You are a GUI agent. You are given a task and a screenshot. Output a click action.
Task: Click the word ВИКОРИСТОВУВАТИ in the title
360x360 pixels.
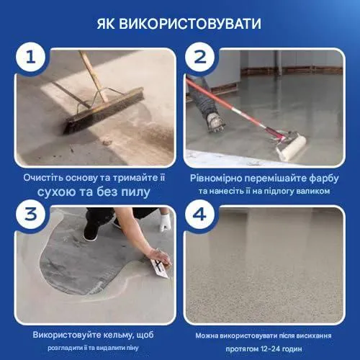coord(190,24)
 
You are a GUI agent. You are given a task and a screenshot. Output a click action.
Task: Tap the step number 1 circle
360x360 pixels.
coord(30,58)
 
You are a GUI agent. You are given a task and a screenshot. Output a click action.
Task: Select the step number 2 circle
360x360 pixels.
coord(199,58)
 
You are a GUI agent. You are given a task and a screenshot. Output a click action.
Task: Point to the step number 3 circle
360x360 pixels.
coord(30,214)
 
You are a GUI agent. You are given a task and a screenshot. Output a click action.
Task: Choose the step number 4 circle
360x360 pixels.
coord(199,214)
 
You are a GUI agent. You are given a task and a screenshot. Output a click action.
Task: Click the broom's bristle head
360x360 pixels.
coord(104,111)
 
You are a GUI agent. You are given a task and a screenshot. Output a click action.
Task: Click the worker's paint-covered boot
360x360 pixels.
coord(215,122)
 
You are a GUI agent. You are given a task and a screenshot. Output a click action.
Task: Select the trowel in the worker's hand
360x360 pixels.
coord(160,269)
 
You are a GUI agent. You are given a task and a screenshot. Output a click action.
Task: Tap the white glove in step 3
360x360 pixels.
coord(166,222)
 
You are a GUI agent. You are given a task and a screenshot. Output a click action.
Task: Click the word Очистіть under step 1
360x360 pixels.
coord(42,178)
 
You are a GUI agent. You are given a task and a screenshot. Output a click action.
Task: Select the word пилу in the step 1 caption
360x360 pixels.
coord(136,192)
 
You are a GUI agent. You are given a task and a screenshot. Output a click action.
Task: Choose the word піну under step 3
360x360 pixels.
coord(132,348)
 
